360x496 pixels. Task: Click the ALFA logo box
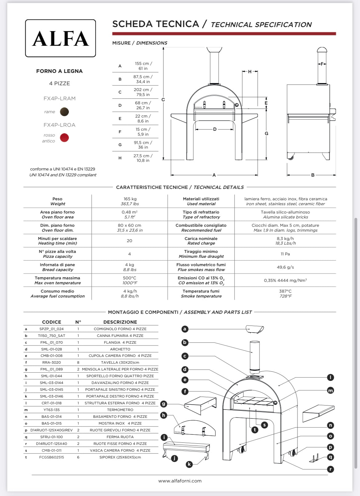coord(60,38)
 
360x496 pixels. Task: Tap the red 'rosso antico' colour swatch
coord(64,138)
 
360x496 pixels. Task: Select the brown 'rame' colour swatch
coord(64,112)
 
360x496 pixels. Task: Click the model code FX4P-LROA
coord(59,125)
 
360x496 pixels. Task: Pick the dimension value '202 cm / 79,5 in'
coord(143,92)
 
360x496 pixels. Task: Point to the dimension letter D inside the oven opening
coord(215,129)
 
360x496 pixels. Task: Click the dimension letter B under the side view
coord(313,175)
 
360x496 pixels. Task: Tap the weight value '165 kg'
coord(130,199)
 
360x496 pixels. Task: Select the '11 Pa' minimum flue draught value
coord(285,254)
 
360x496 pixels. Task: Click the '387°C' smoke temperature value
coord(285,291)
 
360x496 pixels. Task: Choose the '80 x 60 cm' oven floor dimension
coord(130,225)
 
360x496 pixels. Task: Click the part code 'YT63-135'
coord(51,410)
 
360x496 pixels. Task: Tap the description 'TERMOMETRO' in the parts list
coord(120,410)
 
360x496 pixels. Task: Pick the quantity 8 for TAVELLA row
coord(78,362)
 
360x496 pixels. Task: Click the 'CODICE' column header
coord(51,322)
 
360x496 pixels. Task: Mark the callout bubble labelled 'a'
coord(185,329)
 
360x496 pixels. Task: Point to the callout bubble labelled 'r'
coord(330,469)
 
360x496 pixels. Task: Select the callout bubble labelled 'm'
coord(330,390)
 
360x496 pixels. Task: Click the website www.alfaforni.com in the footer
coord(180,481)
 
